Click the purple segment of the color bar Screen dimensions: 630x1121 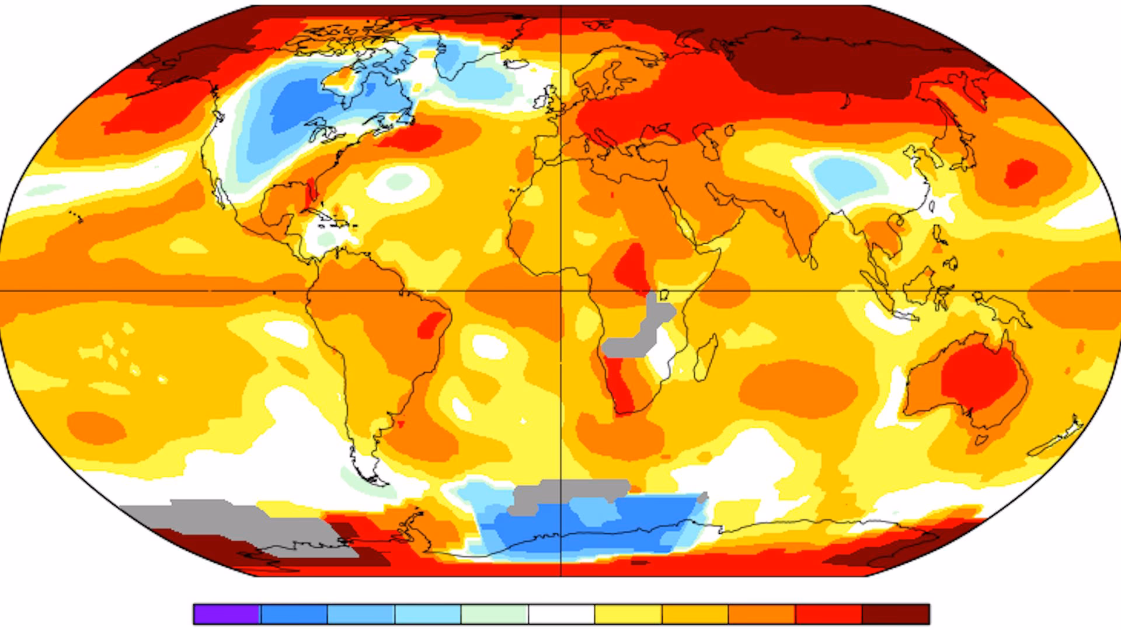pyautogui.click(x=227, y=614)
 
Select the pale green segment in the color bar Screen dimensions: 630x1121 pyautogui.click(x=495, y=614)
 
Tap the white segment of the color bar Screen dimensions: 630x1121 pyautogui.click(x=561, y=614)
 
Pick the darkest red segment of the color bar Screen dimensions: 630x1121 pyautogui.click(x=896, y=614)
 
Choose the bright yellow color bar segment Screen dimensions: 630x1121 pyautogui.click(x=628, y=614)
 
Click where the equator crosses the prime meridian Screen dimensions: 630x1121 pyautogui.click(x=561, y=290)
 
